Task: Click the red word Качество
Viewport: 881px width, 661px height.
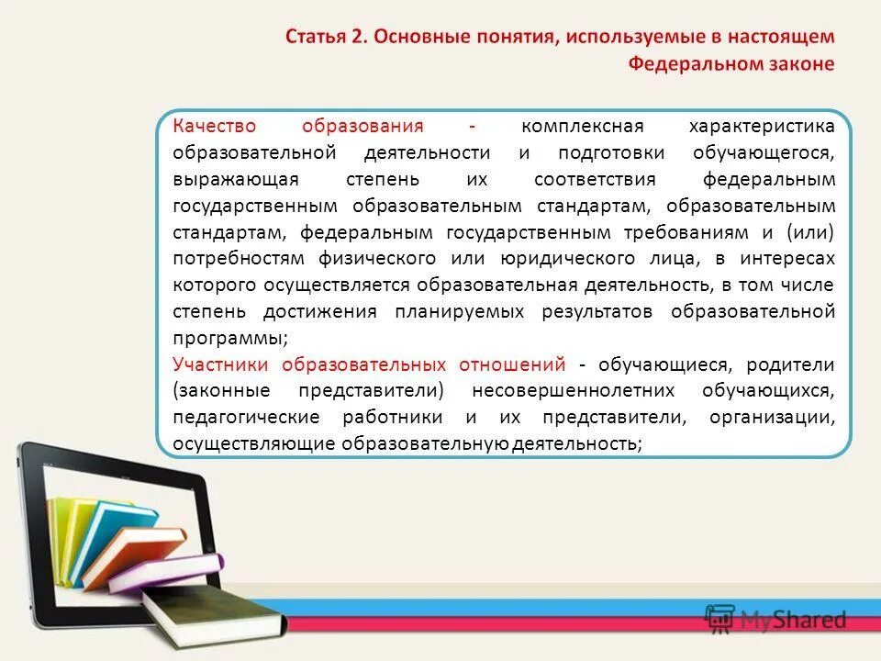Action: click(x=214, y=126)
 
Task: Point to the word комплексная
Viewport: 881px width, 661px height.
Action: click(x=583, y=126)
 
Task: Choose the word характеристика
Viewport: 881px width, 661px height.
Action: click(x=762, y=126)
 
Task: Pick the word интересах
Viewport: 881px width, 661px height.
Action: click(x=790, y=258)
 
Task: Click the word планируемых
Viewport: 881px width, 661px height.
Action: click(x=460, y=311)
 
